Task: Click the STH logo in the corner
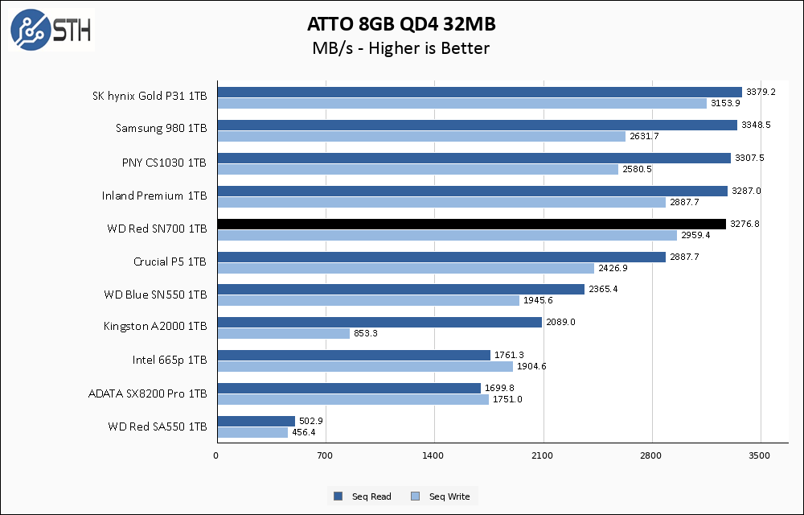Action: (51, 30)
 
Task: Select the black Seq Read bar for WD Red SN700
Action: (471, 224)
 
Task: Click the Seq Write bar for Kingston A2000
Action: (283, 333)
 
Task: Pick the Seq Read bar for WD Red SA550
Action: (256, 421)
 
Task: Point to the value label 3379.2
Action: (761, 92)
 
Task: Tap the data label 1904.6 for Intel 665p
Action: (531, 366)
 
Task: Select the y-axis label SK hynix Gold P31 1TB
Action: (150, 97)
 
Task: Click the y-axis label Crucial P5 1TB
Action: (170, 262)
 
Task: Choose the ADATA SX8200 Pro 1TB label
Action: (147, 393)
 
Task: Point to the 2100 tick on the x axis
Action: (543, 456)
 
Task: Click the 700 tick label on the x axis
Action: (325, 456)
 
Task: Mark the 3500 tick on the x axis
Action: (760, 456)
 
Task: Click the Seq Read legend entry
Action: (363, 496)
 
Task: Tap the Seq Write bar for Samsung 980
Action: (421, 136)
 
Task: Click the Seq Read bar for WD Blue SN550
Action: (400, 289)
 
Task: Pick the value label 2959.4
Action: (695, 235)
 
